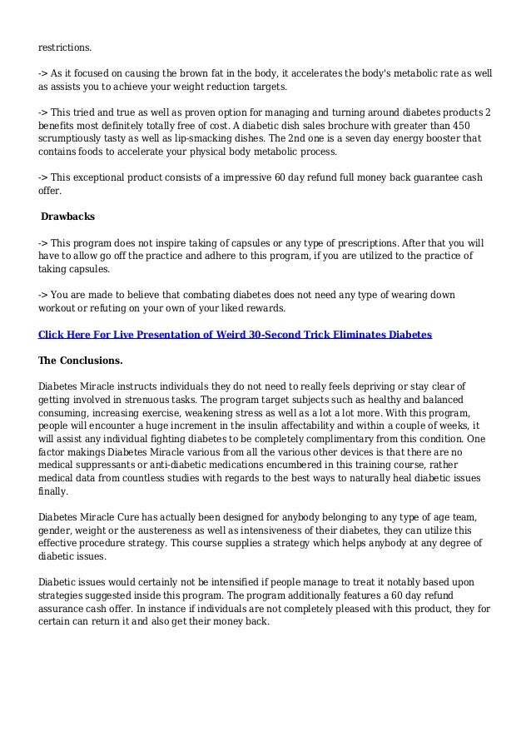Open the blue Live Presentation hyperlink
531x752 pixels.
coord(236,334)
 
